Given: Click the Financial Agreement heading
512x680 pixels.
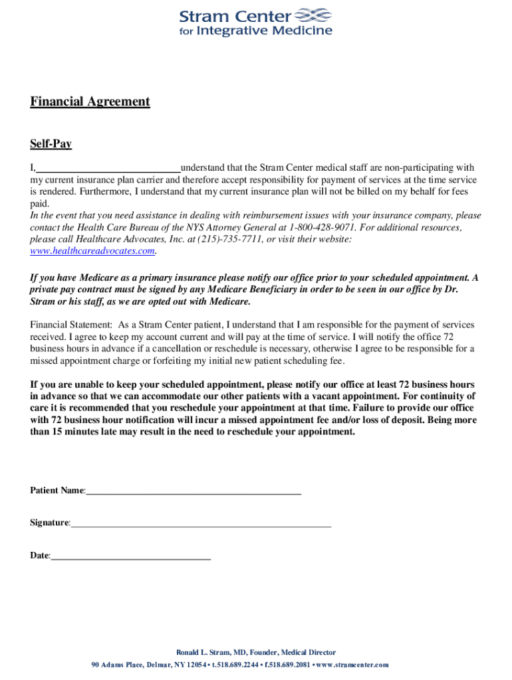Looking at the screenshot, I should tap(90, 102).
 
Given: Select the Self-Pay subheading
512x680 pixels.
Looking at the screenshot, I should tap(51, 144).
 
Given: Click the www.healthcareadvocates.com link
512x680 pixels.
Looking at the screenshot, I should tap(93, 251).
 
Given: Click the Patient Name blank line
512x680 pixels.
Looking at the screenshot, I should tap(193, 491).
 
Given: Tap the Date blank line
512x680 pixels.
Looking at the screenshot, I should tap(131, 556).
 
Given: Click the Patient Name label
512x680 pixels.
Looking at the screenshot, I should tap(57, 491).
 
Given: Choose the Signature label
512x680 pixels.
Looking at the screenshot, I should tap(49, 523).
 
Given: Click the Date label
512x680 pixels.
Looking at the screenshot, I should tap(39, 555).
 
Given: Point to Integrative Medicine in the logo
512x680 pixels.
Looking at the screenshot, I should tap(264, 31).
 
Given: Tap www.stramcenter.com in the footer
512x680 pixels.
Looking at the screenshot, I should tap(352, 665).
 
